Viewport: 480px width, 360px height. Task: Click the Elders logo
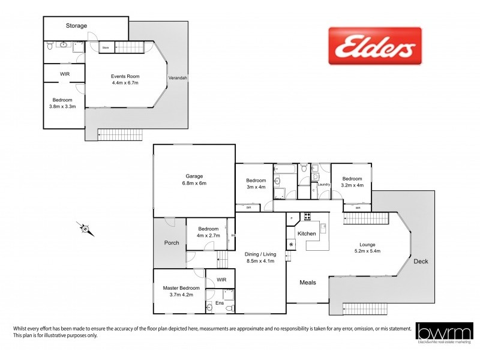(375, 46)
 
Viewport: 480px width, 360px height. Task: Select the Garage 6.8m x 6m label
(194, 179)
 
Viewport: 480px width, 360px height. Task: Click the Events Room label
(125, 79)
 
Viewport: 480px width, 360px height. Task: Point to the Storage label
(77, 26)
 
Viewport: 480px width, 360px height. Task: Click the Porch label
(171, 243)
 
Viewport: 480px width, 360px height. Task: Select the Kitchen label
(307, 233)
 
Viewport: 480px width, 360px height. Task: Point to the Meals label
(308, 281)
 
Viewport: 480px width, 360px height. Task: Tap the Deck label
(421, 261)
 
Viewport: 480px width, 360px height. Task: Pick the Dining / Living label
(260, 257)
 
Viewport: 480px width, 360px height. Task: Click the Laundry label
(325, 185)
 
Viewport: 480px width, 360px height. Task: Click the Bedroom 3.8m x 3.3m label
(62, 103)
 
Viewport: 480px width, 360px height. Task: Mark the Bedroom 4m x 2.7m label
(208, 232)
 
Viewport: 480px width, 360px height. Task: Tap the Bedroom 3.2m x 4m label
(352, 182)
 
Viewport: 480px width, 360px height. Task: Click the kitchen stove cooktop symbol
(307, 217)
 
